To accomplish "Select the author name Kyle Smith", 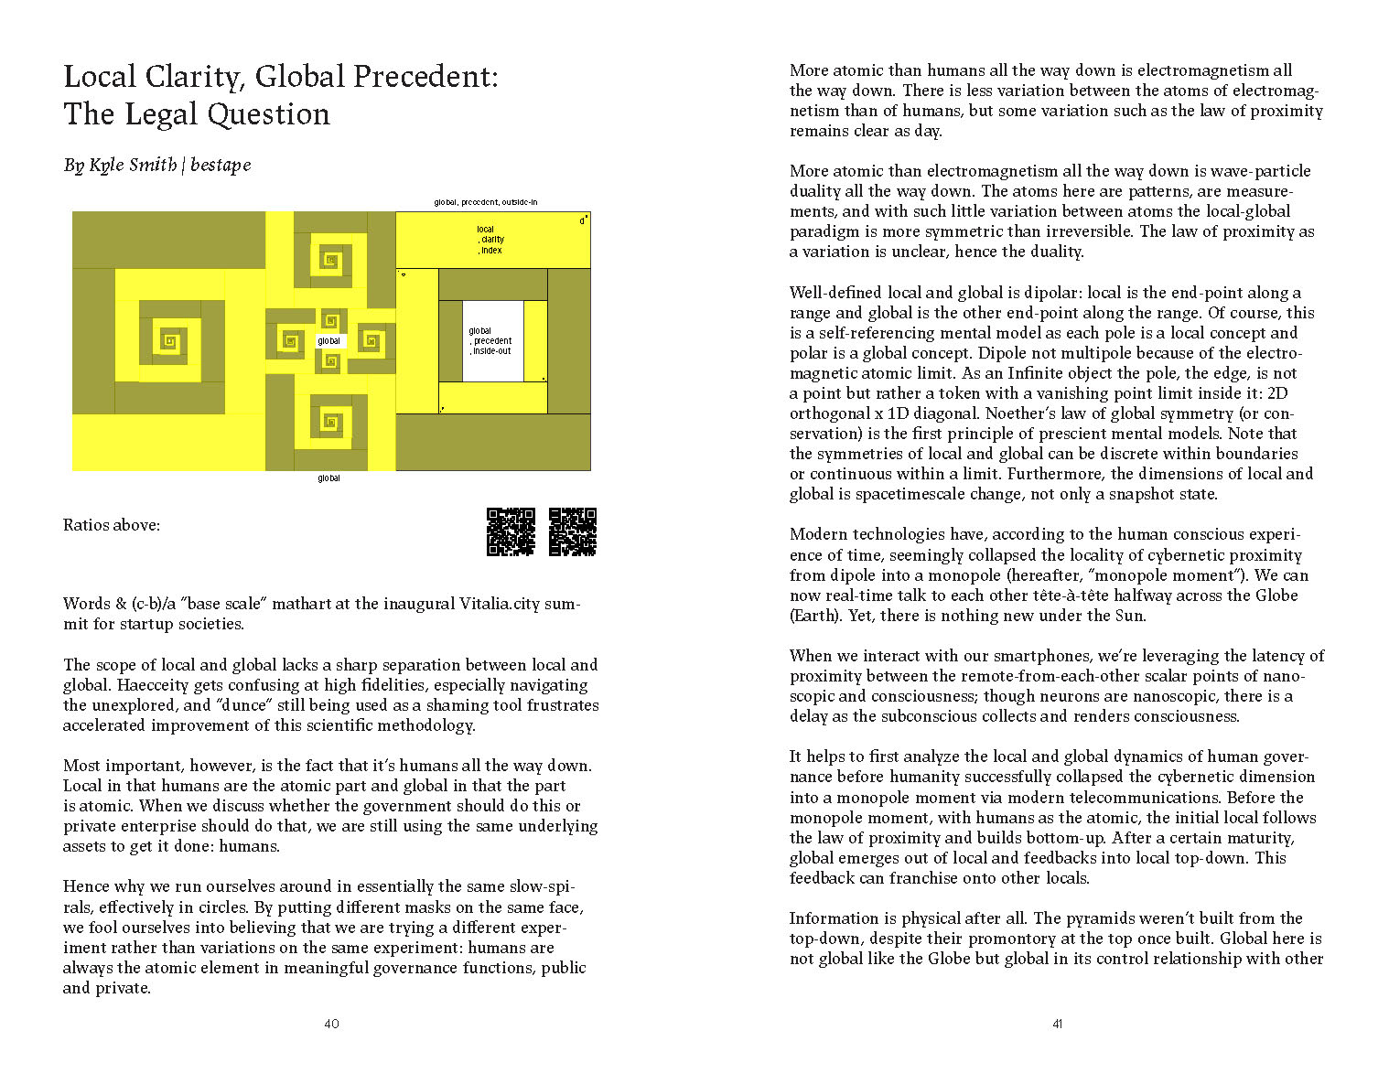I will [x=133, y=165].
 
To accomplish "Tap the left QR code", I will [x=511, y=531].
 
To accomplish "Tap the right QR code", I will [x=573, y=531].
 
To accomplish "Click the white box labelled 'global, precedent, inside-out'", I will [x=492, y=341].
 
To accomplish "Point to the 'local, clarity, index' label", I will [x=490, y=240].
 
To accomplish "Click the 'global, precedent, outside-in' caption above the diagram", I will [x=485, y=202].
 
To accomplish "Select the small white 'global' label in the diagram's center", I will [x=329, y=341].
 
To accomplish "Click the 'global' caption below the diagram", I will [x=328, y=478].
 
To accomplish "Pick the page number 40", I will [x=331, y=1024].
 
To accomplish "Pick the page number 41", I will [x=1057, y=1024].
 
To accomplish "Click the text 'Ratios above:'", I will [x=112, y=525].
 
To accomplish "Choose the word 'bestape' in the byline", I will [x=221, y=165].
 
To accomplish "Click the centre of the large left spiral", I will [x=169, y=341].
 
